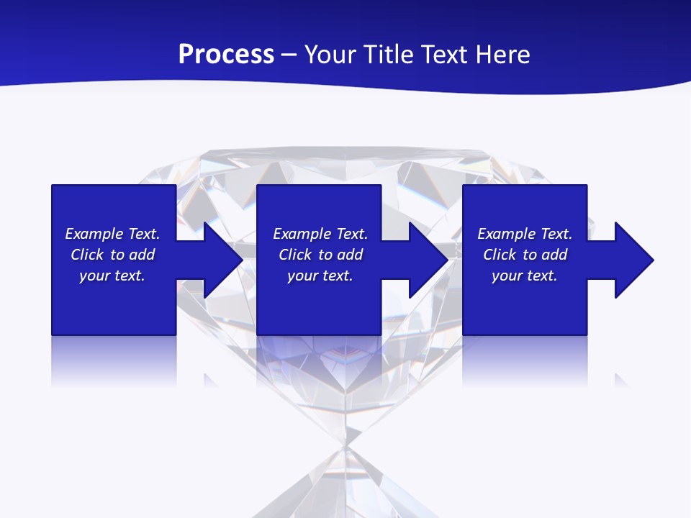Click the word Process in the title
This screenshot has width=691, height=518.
coord(226,55)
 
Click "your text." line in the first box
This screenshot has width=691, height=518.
coord(112,276)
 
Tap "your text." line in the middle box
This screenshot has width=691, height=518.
coord(320,276)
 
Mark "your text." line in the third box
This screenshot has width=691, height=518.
coord(524,276)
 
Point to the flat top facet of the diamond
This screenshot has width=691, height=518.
coord(345,154)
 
